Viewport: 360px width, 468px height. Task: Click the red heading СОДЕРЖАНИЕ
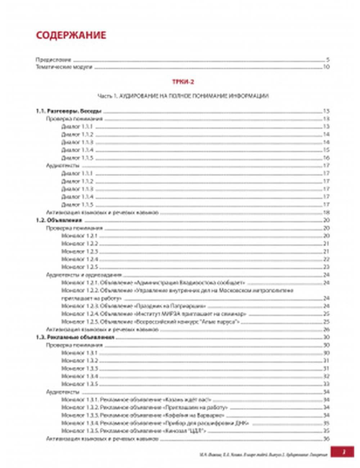coord(71,35)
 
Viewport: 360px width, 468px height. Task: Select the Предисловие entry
coord(53,60)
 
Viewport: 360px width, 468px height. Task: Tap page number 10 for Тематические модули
coord(326,67)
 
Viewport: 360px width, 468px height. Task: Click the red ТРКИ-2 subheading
coord(183,82)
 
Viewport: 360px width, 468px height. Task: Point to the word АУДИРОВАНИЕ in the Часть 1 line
coord(137,96)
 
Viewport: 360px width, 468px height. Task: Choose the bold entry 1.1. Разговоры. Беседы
coord(69,111)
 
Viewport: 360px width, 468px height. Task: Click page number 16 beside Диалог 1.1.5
coord(326,158)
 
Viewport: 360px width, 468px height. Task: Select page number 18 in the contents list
coord(326,212)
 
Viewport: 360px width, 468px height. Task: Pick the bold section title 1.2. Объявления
coord(59,220)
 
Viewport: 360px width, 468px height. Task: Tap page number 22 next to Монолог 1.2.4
coord(326,259)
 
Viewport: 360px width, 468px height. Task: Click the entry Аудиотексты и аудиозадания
coord(84,275)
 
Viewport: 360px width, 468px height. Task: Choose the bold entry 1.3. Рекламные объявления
coord(75,337)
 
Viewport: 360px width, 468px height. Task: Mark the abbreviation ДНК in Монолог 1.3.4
coord(242,423)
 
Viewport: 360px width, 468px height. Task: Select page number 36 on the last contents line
coord(326,439)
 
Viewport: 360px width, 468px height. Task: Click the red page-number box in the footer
coord(343,452)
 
